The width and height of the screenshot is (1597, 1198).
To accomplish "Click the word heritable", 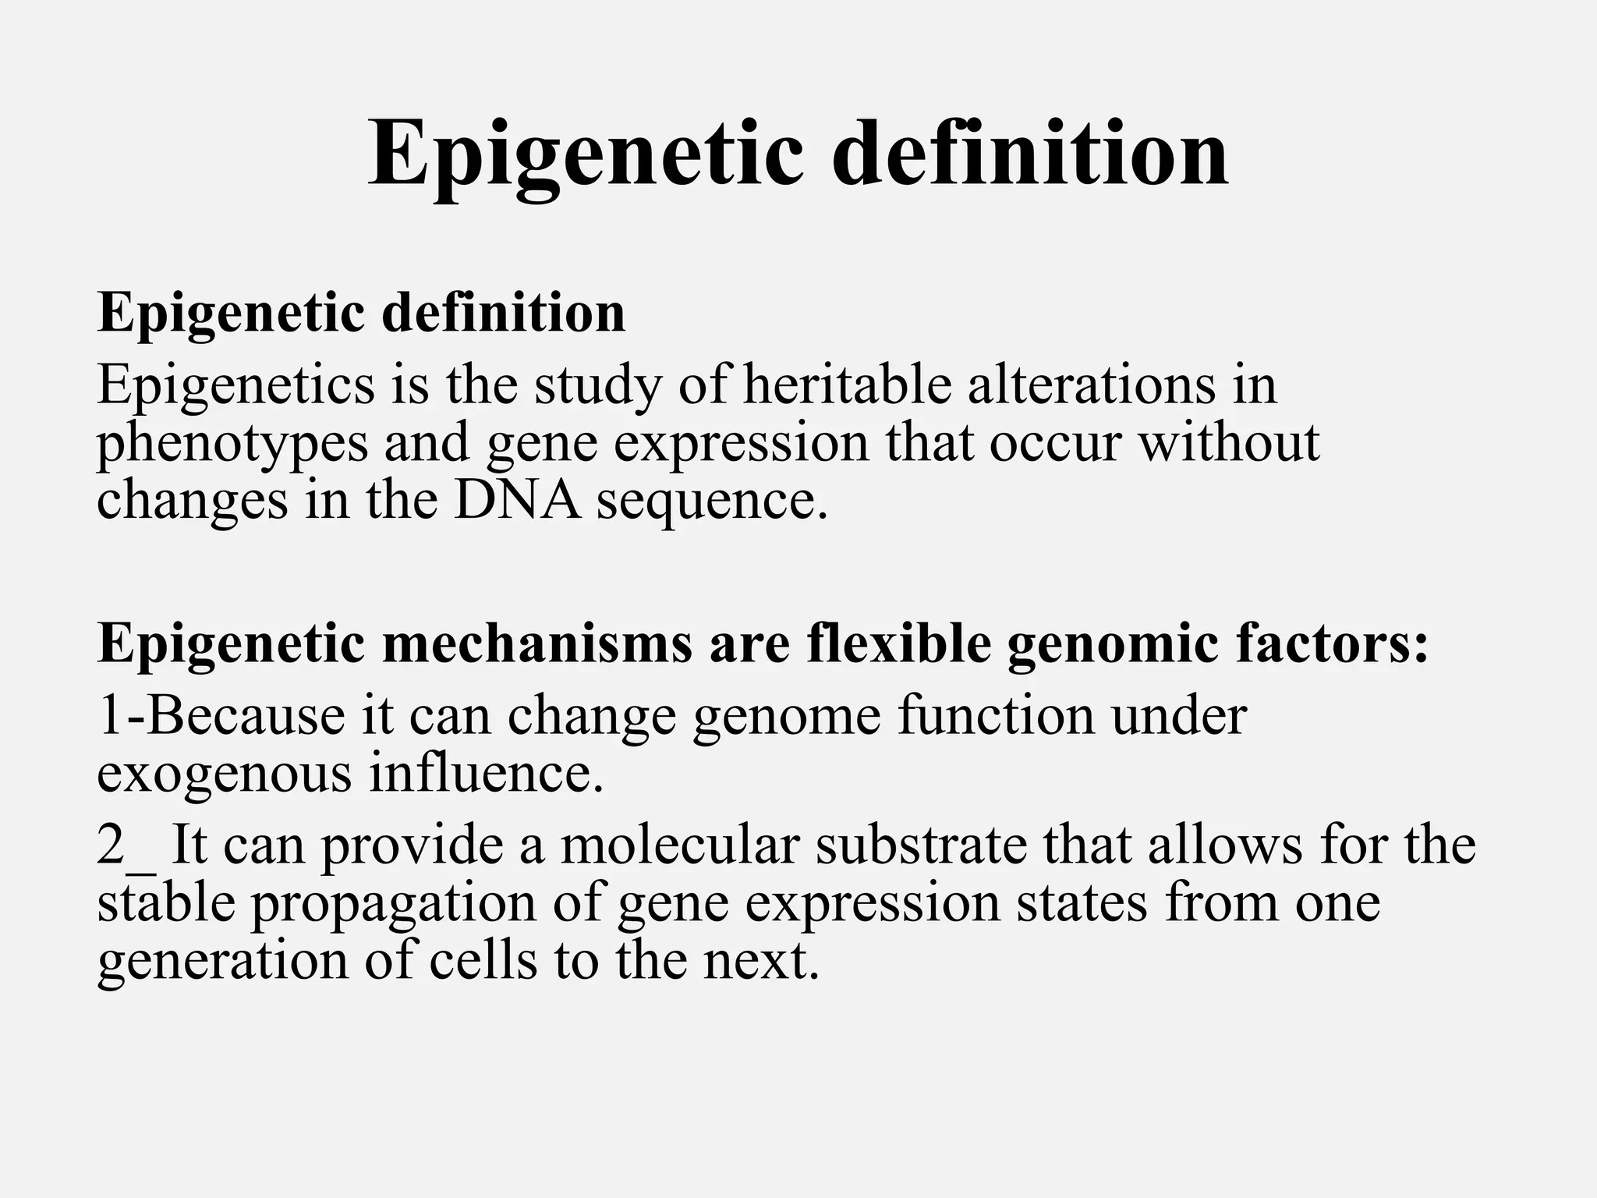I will click(847, 385).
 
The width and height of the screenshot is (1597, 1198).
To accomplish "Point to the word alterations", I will click(1092, 385).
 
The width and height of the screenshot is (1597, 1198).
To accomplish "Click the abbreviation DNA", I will click(518, 501).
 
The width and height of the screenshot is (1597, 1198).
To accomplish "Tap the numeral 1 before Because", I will click(110, 716).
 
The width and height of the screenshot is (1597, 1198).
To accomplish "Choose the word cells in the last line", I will click(483, 961).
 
